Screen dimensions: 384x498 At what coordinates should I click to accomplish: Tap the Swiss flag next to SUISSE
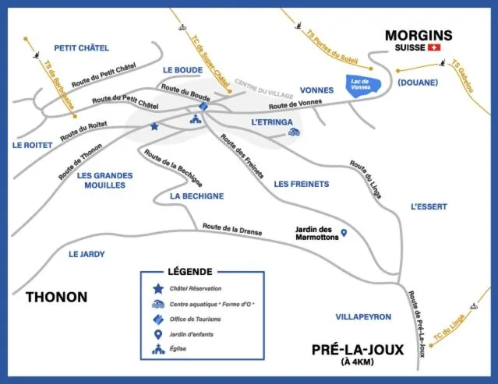(435, 48)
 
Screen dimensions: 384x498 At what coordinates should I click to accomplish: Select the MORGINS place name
(419, 35)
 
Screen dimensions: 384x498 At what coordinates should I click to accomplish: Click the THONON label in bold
(56, 297)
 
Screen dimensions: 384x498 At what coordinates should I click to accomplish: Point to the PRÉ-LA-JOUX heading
(357, 350)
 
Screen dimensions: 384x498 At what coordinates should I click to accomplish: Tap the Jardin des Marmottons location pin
(344, 233)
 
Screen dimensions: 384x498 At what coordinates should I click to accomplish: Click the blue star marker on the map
(154, 126)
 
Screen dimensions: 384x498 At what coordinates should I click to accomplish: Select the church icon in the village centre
(195, 120)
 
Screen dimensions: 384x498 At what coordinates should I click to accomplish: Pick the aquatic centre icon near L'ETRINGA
(293, 132)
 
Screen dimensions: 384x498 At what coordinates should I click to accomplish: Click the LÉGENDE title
(189, 272)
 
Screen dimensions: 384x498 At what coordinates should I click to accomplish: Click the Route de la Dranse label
(232, 229)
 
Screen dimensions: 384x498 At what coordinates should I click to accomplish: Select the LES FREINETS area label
(302, 185)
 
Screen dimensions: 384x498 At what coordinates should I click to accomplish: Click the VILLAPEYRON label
(363, 317)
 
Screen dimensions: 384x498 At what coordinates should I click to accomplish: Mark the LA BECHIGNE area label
(197, 196)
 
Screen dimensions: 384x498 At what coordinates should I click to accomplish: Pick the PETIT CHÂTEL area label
(82, 48)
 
